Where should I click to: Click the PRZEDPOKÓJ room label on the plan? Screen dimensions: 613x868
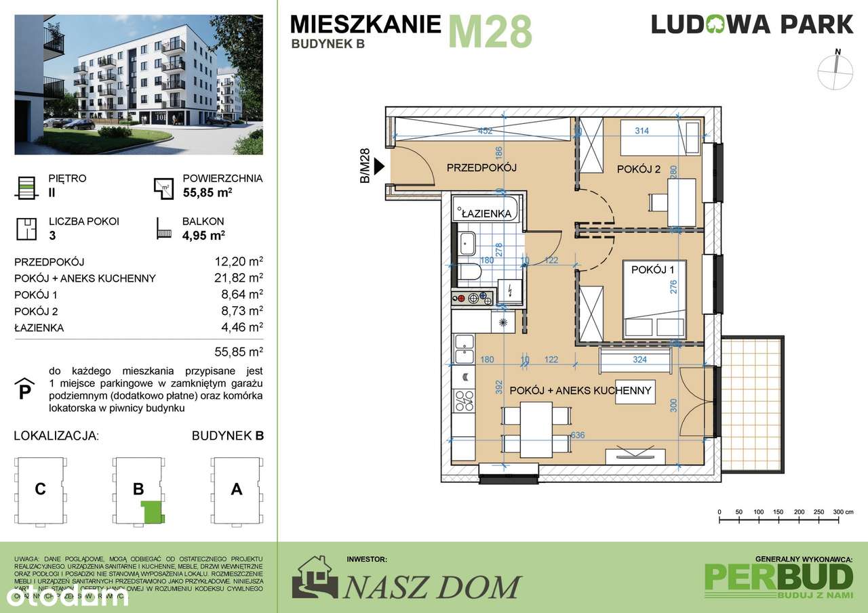click(481, 168)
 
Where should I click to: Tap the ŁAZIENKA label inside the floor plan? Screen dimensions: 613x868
click(486, 213)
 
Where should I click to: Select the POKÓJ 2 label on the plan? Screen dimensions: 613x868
click(638, 169)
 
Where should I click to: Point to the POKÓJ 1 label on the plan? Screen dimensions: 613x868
click(653, 270)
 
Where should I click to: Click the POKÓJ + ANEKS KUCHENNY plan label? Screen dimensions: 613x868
click(580, 391)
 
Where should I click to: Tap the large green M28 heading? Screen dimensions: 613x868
click(490, 32)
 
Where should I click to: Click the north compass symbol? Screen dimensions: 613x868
click(838, 71)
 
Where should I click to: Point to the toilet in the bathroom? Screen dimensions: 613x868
click(469, 272)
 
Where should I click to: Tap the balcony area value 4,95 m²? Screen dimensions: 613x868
click(203, 236)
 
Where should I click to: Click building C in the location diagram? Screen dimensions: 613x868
click(41, 489)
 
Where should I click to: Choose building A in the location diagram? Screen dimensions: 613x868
click(236, 489)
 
